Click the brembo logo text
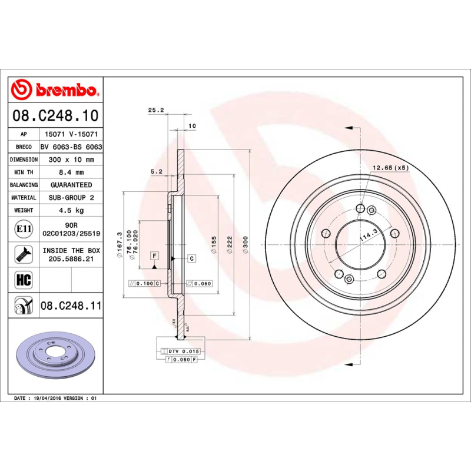point(65,91)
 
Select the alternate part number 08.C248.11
point(71,306)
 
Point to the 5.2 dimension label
point(156,171)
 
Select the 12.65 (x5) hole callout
point(390,168)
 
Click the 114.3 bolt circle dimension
point(369,234)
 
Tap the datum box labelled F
point(154,256)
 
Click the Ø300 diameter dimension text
point(246,241)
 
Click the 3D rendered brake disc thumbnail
point(56,359)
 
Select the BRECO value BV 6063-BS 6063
point(71,147)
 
